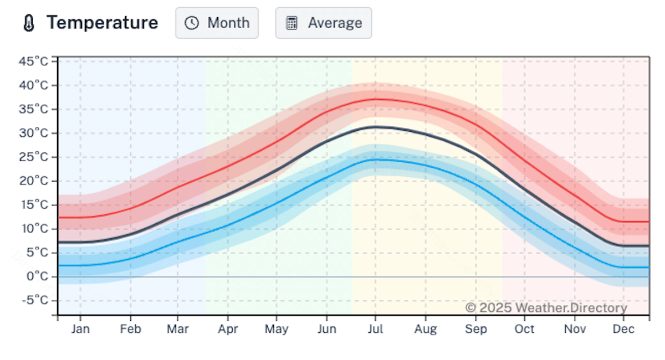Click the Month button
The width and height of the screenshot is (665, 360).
point(217,23)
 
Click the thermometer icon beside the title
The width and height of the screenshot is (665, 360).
point(29,23)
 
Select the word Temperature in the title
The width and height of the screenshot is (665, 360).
point(103,23)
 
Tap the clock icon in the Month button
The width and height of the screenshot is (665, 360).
point(192,23)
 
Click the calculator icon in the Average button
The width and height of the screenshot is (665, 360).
point(291,23)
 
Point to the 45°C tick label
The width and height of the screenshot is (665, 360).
point(34,61)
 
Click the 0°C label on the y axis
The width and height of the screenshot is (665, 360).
point(37,276)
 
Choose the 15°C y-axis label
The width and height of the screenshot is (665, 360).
point(34,205)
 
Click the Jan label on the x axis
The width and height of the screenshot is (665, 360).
point(80,330)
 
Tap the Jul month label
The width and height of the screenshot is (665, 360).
point(375,330)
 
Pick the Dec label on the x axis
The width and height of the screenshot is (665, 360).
point(623,330)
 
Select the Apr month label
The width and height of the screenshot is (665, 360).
point(228,330)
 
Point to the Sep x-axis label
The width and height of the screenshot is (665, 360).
point(475,330)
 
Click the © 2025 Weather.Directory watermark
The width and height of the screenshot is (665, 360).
point(546,307)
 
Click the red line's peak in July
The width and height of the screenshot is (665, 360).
point(376,99)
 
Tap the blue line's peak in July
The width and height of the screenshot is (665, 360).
point(376,160)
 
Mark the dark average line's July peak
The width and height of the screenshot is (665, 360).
point(376,127)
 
